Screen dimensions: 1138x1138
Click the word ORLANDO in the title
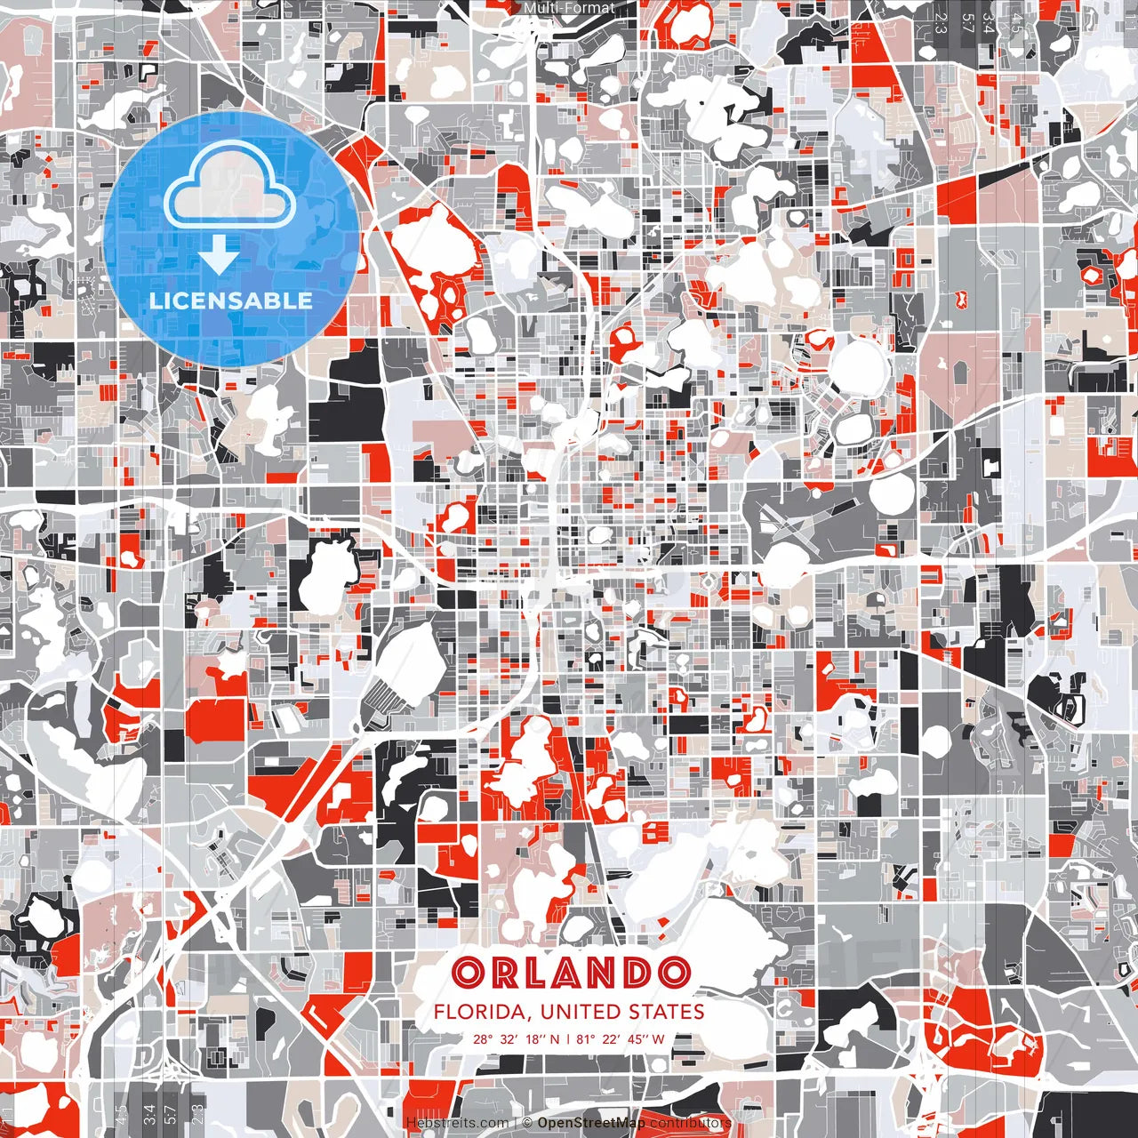[570, 973]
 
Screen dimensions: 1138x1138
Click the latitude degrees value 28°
[482, 1038]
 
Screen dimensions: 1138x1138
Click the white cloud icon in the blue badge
[230, 188]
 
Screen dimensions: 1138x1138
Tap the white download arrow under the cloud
[218, 256]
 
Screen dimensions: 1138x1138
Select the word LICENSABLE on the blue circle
[230, 301]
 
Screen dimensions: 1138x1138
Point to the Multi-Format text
[569, 9]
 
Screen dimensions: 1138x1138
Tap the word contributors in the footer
[690, 1123]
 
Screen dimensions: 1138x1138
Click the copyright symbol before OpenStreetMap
[527, 1123]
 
